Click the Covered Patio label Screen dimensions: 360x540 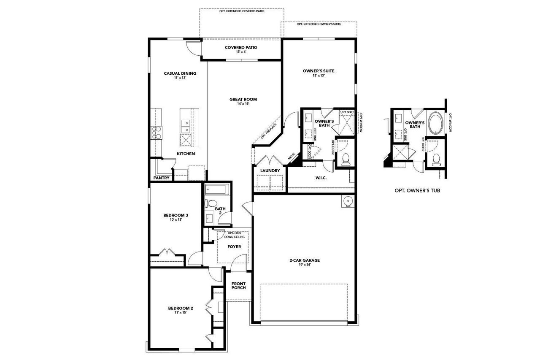[241, 47]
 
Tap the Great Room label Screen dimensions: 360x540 [243, 100]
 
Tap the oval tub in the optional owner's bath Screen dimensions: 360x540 [435, 123]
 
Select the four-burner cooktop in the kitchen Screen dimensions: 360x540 [157, 133]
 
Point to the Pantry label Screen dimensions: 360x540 [161, 178]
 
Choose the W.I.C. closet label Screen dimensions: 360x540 [321, 178]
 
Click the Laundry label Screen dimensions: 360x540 [270, 171]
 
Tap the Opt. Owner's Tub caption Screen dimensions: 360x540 [417, 190]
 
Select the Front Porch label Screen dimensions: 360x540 [238, 285]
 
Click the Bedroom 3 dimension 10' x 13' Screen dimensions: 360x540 [175, 220]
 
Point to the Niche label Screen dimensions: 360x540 [291, 157]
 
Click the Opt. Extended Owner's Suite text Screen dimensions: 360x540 [319, 24]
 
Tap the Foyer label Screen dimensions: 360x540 [234, 246]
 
